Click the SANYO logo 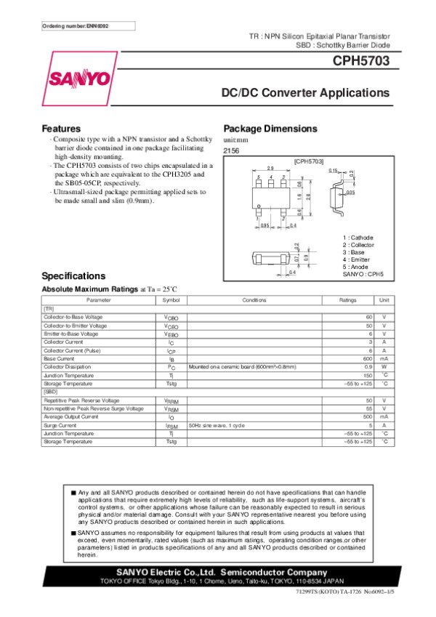(x=81, y=78)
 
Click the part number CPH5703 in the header (x=361, y=62)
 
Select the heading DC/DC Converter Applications (x=305, y=94)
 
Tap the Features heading (x=61, y=129)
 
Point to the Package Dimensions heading (x=270, y=129)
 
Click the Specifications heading (x=73, y=276)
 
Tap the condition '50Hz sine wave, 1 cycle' (x=217, y=424)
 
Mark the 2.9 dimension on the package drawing (x=270, y=167)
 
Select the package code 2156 (x=232, y=150)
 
